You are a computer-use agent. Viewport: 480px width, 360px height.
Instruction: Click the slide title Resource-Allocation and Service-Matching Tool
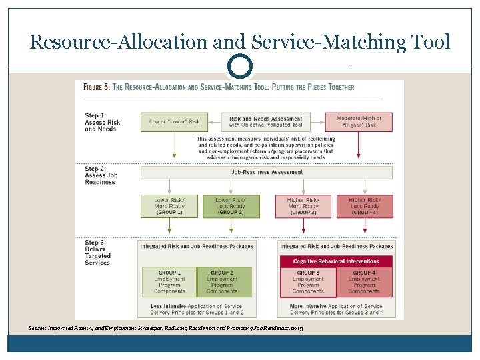click(x=240, y=42)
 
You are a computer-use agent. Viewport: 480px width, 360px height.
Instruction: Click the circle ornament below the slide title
click(x=240, y=67)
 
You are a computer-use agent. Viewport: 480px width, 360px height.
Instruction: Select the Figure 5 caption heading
click(x=219, y=87)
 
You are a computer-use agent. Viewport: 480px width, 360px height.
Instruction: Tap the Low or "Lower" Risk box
click(x=175, y=122)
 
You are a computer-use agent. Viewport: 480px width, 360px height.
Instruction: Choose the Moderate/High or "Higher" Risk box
click(x=359, y=122)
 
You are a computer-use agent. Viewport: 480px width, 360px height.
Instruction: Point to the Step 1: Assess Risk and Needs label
click(x=103, y=122)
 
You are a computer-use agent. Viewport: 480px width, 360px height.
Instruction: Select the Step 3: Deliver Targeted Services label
click(x=98, y=253)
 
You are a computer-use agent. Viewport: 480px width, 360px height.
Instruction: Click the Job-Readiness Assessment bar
click(x=266, y=172)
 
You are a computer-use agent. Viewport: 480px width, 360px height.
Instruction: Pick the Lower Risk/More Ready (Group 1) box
click(x=169, y=206)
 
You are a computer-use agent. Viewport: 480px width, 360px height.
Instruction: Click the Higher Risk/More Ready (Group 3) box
click(x=303, y=206)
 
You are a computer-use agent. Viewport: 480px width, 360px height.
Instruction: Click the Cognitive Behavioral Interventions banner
click(x=336, y=261)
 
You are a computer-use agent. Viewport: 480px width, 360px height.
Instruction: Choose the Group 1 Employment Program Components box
click(x=169, y=282)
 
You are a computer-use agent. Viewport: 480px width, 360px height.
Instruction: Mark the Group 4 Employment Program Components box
click(x=364, y=282)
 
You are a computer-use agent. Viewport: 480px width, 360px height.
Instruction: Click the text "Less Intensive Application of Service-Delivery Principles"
click(x=198, y=309)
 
